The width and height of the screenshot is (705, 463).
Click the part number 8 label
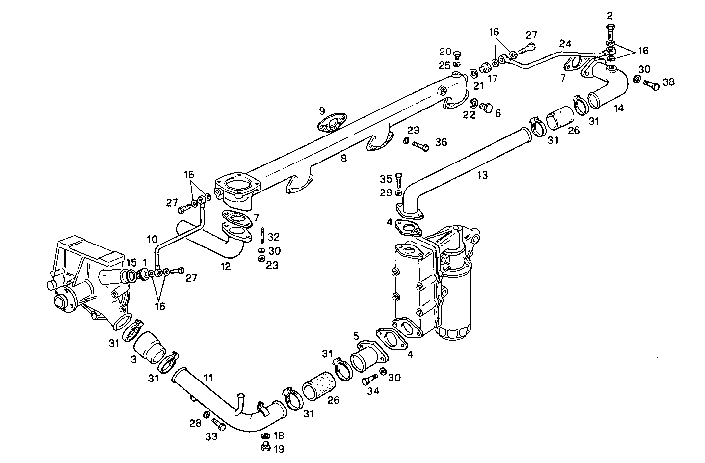(x=343, y=159)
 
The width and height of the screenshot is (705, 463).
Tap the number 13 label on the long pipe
(x=483, y=175)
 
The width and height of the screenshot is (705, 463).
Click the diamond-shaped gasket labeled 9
(x=332, y=123)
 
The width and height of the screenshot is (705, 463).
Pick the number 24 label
(x=565, y=43)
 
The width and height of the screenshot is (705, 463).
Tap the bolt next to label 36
(x=421, y=145)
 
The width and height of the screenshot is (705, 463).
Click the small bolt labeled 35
(x=398, y=180)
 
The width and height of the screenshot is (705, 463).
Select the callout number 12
(x=225, y=267)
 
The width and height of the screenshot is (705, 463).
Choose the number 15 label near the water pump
(x=131, y=262)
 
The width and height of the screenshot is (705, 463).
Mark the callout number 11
(x=209, y=378)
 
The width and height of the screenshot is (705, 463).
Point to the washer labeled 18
(x=265, y=436)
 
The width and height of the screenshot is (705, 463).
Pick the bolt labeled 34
(x=369, y=380)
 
